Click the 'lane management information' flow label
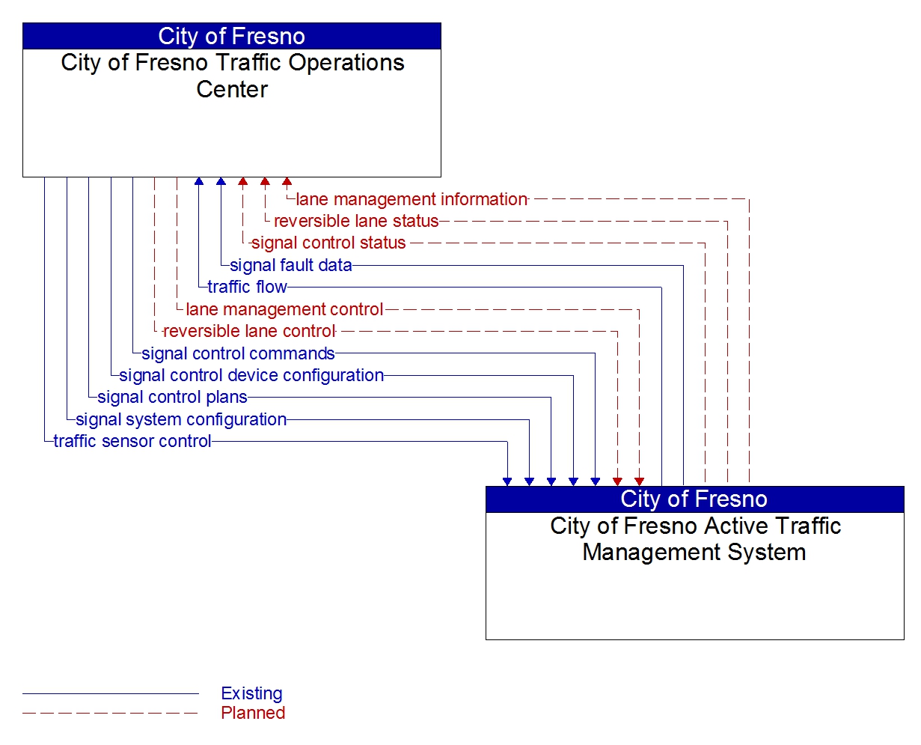click(411, 199)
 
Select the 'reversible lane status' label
click(356, 221)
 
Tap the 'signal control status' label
click(328, 243)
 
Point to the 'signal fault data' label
click(290, 265)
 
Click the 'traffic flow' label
click(247, 287)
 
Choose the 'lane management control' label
click(284, 309)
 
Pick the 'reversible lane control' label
click(248, 331)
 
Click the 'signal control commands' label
click(238, 353)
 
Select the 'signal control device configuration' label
click(251, 375)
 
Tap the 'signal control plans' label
click(172, 397)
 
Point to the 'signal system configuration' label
click(181, 419)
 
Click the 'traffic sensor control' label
click(132, 441)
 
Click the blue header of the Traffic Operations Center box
click(232, 36)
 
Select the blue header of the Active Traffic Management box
click(694, 499)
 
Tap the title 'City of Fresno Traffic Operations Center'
click(232, 76)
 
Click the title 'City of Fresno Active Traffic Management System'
click(694, 538)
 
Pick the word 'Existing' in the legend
click(251, 693)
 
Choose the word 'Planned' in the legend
click(253, 713)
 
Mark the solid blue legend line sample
click(111, 694)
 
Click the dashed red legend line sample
click(111, 714)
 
